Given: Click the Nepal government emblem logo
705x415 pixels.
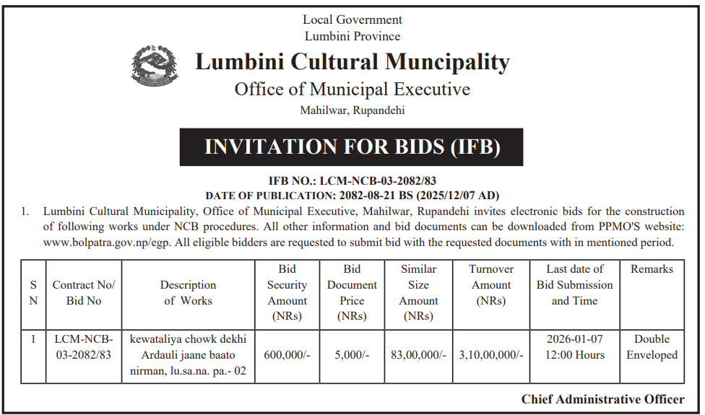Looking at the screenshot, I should [155, 66].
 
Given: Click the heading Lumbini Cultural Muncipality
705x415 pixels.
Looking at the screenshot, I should [352, 62].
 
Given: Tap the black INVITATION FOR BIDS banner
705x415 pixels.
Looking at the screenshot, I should [352, 147].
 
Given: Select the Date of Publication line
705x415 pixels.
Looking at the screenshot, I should [352, 196].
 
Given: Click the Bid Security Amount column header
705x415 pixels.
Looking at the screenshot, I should [287, 292].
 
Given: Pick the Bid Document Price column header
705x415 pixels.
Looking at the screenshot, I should [352, 292].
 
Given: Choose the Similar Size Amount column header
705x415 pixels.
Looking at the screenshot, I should [419, 292].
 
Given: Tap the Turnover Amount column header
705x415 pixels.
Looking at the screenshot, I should [491, 285].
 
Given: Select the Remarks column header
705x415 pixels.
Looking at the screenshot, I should [652, 269].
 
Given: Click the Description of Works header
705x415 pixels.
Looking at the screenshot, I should [188, 292].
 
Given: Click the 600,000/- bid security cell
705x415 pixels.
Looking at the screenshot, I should [287, 355].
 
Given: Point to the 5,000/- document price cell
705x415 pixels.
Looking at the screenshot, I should [352, 355].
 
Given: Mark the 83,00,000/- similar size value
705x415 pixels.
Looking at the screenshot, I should [419, 355].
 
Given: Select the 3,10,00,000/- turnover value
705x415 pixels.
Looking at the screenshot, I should [491, 355].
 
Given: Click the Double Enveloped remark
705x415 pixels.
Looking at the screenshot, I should [652, 347].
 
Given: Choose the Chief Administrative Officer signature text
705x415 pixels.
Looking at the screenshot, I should [602, 399].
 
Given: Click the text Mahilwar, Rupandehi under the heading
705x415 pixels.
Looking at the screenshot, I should [352, 110].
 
